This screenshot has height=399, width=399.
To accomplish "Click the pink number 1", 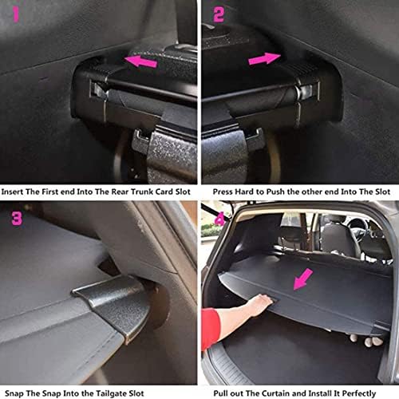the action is click(16, 14).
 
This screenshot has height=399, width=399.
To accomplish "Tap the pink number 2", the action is click(219, 14).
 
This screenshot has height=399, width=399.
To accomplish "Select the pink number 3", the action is click(17, 219).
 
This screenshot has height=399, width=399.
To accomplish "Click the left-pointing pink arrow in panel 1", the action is click(141, 61).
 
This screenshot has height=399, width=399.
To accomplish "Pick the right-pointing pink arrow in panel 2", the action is click(264, 59).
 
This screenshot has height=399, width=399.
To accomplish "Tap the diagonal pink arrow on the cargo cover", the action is click(303, 279).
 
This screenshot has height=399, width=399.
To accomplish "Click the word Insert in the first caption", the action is click(12, 192).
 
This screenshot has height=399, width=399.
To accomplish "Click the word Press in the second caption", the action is click(223, 192).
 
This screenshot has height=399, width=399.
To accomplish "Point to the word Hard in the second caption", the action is click(244, 192).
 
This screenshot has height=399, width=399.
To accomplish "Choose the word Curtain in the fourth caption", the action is click(267, 393).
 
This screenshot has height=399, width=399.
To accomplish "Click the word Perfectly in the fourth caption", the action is click(359, 393).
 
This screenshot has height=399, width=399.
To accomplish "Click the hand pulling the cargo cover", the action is click(261, 306).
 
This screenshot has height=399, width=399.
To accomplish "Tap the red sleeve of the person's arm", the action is click(210, 329).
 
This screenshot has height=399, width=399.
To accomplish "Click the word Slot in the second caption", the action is click(383, 192).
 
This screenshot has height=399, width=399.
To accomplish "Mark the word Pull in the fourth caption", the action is click(220, 393).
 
